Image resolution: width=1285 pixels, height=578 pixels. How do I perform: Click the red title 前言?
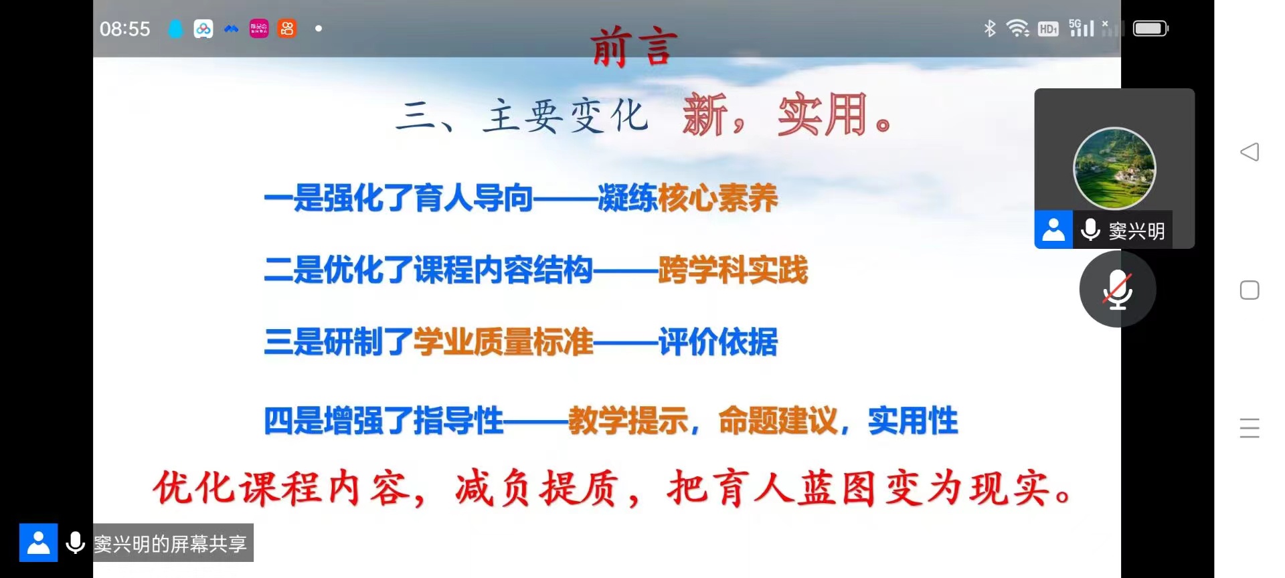click(634, 47)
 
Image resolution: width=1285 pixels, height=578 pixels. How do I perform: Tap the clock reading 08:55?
click(125, 29)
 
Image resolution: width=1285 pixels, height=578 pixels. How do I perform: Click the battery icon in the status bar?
click(1150, 28)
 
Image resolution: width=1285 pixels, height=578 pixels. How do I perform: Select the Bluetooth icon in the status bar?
click(990, 28)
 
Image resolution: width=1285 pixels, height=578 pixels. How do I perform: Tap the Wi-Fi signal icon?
click(1018, 28)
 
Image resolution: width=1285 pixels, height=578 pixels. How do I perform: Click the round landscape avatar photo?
click(1114, 168)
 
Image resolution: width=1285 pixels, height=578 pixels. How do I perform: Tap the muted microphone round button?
click(1117, 289)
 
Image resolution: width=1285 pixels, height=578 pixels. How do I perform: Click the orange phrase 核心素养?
click(718, 198)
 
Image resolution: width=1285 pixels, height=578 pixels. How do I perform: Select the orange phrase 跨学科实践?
click(734, 270)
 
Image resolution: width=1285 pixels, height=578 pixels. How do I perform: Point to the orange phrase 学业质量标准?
click(503, 342)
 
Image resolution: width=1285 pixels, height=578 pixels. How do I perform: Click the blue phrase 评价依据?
click(718, 342)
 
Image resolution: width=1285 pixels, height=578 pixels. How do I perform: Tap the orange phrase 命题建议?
click(778, 421)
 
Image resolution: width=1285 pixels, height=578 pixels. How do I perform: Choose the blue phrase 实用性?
click(913, 421)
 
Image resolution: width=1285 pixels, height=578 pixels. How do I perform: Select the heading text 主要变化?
click(566, 116)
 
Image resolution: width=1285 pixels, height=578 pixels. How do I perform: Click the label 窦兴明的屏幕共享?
click(170, 543)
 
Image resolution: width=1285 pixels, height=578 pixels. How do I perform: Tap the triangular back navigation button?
click(1250, 152)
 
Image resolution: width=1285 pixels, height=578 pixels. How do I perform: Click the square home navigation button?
click(1250, 290)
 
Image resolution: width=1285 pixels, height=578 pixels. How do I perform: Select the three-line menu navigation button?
click(1250, 428)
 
